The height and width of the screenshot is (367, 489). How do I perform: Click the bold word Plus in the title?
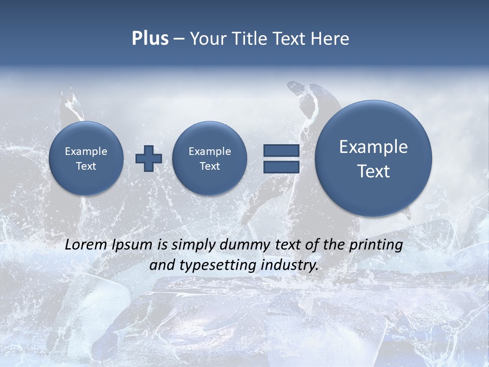click(x=150, y=39)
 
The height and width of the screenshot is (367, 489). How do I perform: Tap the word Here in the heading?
click(x=331, y=39)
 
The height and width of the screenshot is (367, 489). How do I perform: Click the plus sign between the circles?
click(x=149, y=158)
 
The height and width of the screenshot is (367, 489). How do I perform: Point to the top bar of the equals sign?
click(x=281, y=150)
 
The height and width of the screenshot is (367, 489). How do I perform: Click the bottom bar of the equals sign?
click(x=281, y=167)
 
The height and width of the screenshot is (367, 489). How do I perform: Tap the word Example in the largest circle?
click(x=373, y=147)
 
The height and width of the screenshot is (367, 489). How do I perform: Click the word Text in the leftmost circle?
click(x=86, y=166)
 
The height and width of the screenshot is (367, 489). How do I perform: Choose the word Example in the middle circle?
click(x=209, y=151)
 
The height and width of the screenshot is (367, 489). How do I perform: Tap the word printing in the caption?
click(x=375, y=245)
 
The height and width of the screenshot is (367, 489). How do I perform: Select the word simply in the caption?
click(x=194, y=245)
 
